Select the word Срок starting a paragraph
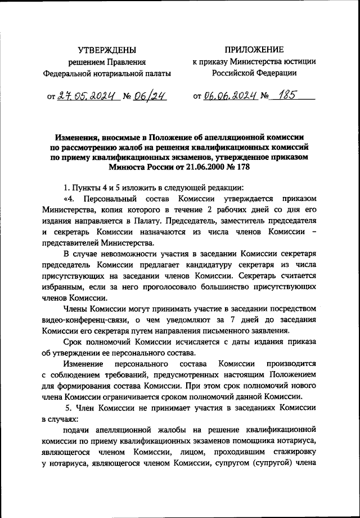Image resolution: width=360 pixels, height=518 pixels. [74, 343]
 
